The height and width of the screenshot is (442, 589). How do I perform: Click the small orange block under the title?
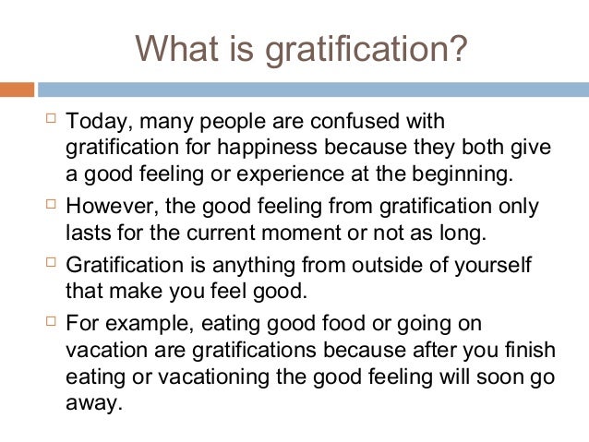pos(17,90)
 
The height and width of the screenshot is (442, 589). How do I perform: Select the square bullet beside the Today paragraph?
pos(50,120)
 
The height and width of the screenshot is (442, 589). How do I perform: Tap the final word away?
pos(93,403)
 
